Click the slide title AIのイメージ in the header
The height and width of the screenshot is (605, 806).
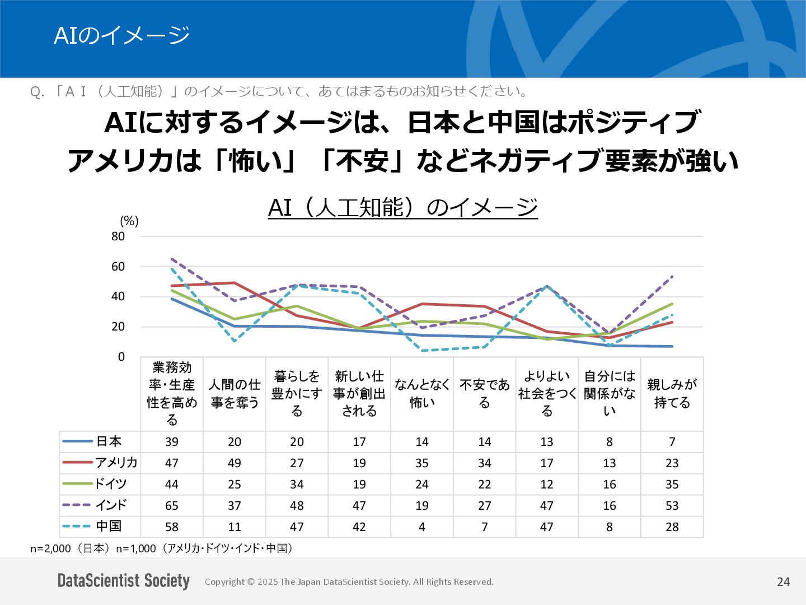121,36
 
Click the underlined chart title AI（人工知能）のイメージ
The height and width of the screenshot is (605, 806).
402,207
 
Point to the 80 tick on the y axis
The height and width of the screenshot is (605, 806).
118,236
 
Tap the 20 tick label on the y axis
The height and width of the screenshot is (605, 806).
118,327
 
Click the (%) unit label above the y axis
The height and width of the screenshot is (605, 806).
129,221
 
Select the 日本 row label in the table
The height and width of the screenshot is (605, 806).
109,441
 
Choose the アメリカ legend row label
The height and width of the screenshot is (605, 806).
116,463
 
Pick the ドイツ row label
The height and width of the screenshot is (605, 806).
110,484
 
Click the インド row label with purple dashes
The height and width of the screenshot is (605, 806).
111,505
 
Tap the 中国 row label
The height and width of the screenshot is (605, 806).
109,527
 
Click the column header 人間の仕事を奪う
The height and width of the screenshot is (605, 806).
235,394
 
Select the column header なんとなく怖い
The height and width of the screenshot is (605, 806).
422,394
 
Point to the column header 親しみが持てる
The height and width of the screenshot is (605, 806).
672,394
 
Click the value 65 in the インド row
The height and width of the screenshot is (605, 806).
172,506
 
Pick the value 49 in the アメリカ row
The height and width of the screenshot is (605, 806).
235,463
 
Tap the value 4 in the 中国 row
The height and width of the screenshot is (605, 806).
422,527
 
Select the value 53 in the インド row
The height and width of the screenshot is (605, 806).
672,506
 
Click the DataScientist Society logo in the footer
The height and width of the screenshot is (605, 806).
124,581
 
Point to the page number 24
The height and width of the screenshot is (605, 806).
783,582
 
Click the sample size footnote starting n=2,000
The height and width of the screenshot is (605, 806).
162,548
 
